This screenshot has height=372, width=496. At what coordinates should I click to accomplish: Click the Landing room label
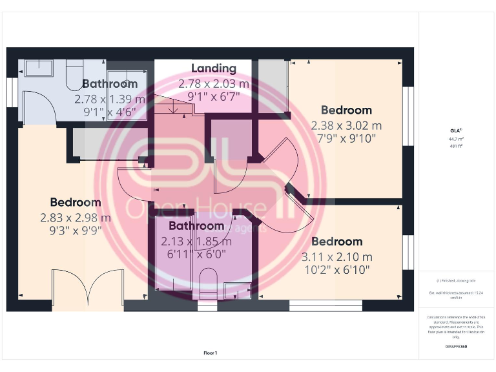coord(214,68)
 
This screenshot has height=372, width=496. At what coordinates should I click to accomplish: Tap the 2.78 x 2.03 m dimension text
coord(214,84)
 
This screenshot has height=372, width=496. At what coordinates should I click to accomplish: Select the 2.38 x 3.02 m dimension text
coord(346,125)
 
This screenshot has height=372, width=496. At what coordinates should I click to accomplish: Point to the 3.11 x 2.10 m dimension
coord(336,257)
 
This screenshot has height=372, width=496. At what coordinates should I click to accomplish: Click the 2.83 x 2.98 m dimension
coord(76,218)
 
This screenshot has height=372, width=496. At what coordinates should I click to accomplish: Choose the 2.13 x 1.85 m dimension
coord(196,242)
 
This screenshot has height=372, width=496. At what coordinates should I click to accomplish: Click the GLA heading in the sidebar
coord(455,132)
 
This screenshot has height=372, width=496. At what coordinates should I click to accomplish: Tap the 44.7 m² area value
coord(455,139)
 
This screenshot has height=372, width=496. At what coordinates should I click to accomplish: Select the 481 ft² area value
coord(455,146)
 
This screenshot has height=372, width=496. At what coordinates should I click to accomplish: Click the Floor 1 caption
coord(210,353)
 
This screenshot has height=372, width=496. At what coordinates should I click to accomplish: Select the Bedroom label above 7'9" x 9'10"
coord(346,110)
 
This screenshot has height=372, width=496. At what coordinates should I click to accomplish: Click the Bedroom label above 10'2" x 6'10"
coord(336,242)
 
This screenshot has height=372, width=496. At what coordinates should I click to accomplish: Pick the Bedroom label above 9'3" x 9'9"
coord(76,203)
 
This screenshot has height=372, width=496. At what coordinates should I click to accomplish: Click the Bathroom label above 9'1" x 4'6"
coord(110,84)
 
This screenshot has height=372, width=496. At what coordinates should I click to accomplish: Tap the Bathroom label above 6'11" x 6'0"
coord(196,226)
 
